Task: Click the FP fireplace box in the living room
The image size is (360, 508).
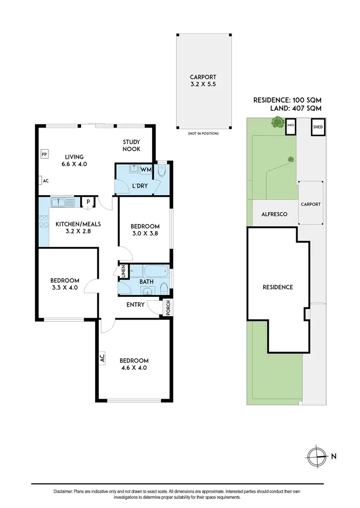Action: coord(44,154)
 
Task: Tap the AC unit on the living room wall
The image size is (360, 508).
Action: coord(41,181)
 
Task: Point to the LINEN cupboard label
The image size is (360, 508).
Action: coord(123,271)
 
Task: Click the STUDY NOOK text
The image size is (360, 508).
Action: coord(131,145)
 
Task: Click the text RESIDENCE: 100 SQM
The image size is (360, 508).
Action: coord(287,100)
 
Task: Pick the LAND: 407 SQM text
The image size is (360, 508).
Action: coord(294,108)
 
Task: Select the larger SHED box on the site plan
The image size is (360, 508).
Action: coord(318,128)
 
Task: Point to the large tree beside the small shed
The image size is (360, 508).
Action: coord(276,123)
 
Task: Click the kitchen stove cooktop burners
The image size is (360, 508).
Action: coord(44,222)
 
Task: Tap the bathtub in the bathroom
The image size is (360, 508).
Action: coord(154,271)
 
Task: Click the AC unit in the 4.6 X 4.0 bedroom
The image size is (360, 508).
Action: coord(102,357)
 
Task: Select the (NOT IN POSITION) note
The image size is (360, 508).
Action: coord(203,133)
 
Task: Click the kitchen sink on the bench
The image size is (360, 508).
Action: coord(62,203)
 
